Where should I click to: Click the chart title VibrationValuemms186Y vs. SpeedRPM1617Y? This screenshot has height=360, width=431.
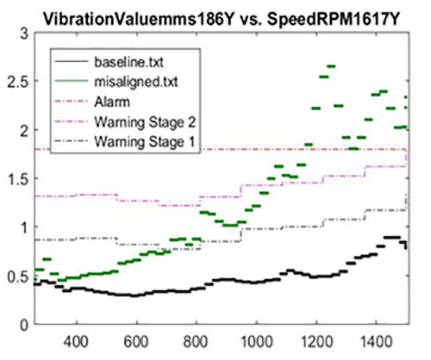click(x=221, y=20)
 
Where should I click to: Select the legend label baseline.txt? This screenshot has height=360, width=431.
click(x=129, y=62)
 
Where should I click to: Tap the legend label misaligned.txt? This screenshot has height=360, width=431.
click(x=136, y=82)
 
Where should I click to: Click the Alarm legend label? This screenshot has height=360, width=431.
click(x=112, y=102)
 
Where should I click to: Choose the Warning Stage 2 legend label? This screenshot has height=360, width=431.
click(x=145, y=122)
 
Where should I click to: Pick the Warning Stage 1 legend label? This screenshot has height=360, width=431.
click(x=145, y=142)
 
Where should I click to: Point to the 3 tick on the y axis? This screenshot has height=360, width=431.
click(x=25, y=34)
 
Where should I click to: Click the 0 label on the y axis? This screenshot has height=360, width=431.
click(x=25, y=325)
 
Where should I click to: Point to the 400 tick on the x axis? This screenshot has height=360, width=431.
click(x=77, y=342)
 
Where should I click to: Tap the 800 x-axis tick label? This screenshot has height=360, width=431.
click(x=196, y=342)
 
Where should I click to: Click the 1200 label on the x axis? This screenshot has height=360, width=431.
click(x=316, y=342)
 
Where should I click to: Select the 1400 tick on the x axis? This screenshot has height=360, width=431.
click(x=376, y=342)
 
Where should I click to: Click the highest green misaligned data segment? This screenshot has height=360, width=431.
click(x=331, y=66)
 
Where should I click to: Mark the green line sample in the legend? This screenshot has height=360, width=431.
click(x=72, y=81)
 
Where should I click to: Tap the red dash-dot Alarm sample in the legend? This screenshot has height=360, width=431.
click(x=72, y=101)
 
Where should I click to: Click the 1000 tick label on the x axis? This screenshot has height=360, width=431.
click(x=256, y=342)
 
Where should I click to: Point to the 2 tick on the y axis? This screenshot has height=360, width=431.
click(x=25, y=131)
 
